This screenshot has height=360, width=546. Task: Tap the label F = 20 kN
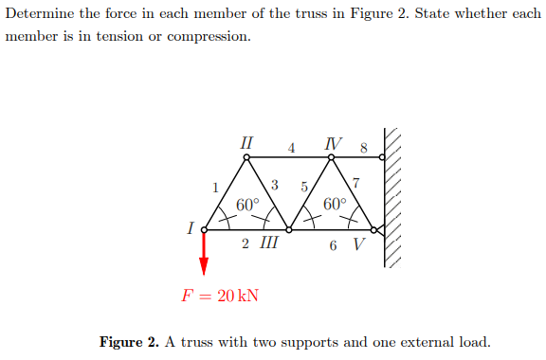pos(219,295)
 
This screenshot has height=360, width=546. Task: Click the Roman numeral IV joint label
pos(331,144)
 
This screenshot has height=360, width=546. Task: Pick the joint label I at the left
pos(191,228)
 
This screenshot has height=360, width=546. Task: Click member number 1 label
pos(216,186)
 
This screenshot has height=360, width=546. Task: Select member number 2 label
pos(246,243)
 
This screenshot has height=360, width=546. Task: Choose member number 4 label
pos(291,148)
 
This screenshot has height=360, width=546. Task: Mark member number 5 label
pos(303,186)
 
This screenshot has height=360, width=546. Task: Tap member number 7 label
pos(355,183)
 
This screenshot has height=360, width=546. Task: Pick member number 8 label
pos(363,148)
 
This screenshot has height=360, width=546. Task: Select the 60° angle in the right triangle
pos(334,204)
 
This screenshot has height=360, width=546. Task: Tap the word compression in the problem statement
pos(206,37)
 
